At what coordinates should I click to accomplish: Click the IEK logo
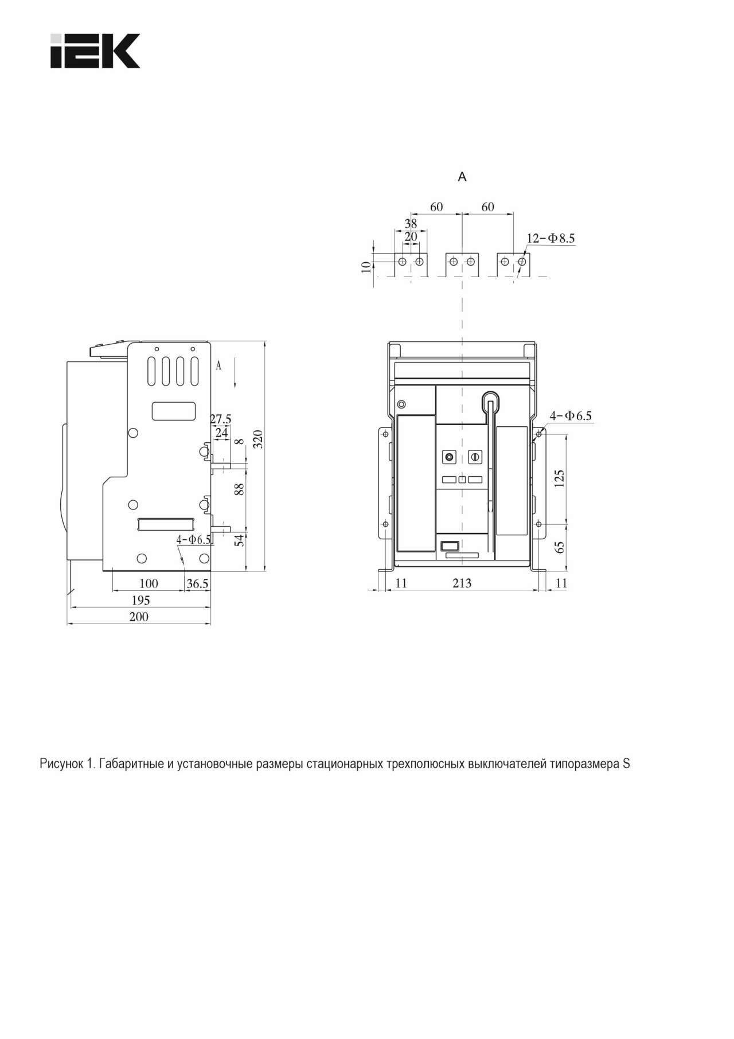(95, 51)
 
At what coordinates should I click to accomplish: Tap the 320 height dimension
(258, 439)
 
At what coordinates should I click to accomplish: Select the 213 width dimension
(462, 583)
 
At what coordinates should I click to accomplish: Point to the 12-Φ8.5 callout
(550, 238)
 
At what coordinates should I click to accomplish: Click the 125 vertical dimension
(560, 478)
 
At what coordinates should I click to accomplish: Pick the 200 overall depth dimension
(139, 616)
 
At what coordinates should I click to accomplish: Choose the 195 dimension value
(140, 600)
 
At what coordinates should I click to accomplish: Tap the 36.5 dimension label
(197, 583)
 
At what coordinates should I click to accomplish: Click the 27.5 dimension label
(220, 419)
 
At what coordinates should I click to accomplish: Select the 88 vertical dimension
(240, 489)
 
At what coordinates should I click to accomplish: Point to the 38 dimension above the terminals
(411, 224)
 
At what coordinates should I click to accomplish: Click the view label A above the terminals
(462, 177)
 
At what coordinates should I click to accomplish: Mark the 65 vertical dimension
(560, 547)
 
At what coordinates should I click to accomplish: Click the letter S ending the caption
(626, 764)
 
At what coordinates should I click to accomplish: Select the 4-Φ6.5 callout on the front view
(571, 415)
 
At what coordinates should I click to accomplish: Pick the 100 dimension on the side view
(149, 583)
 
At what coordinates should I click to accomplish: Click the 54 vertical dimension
(240, 539)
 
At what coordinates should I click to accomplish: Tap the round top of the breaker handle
(490, 399)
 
